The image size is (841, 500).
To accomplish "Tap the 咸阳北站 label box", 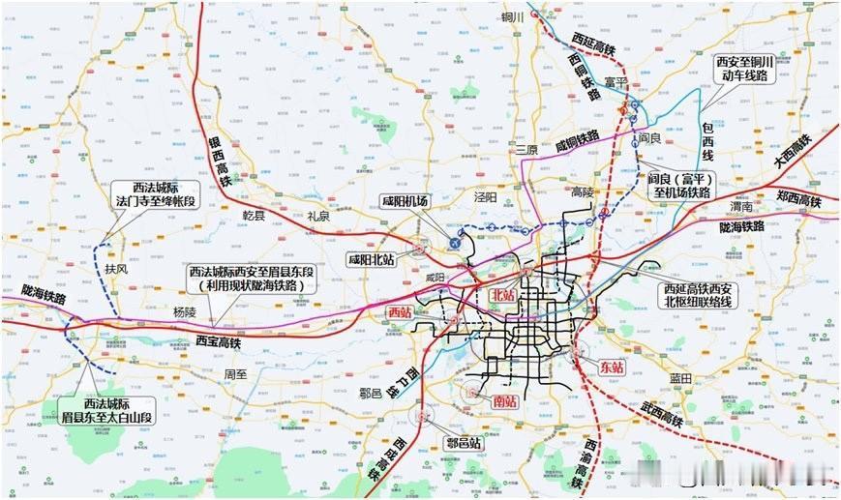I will point(372,259).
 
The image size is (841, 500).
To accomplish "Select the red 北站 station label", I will point(503,294).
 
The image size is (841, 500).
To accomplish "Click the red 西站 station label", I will point(399,312).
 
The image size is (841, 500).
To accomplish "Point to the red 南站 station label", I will point(505,400).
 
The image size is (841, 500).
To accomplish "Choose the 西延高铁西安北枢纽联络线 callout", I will point(700,295).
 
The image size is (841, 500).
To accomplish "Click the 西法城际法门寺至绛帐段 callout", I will point(155,196).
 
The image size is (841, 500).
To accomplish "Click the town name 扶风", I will point(117,270).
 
